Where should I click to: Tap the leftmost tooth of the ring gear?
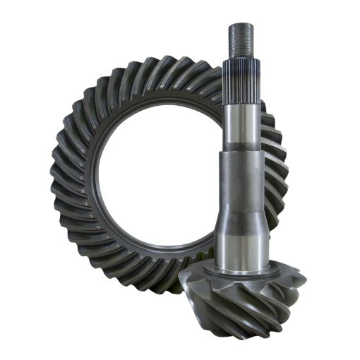pos(56,180)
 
